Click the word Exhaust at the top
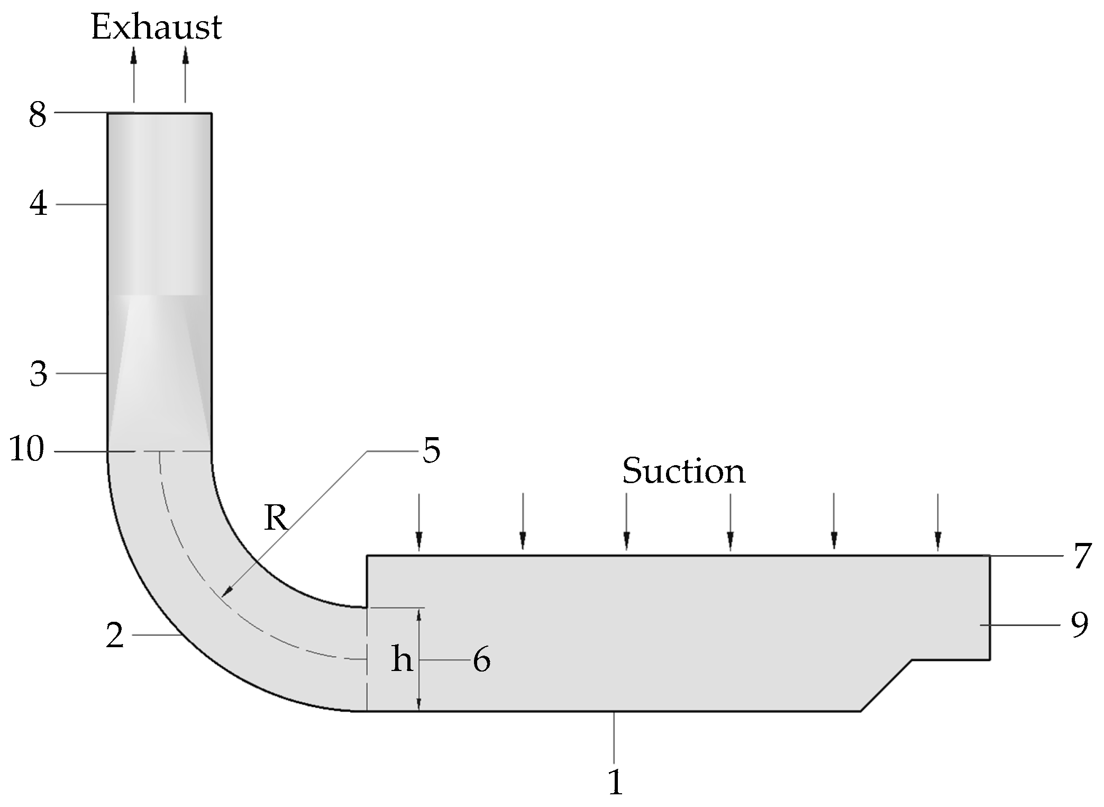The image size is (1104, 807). [157, 28]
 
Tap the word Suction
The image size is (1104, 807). [683, 470]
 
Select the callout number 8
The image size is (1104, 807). [38, 115]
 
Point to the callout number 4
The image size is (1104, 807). [38, 204]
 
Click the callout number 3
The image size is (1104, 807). [38, 374]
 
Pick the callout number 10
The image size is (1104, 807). [27, 450]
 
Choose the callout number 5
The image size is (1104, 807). [432, 451]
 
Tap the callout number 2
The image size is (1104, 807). [115, 636]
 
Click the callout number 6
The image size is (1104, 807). [481, 660]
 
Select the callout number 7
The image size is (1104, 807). [1082, 556]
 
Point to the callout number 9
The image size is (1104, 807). [1080, 625]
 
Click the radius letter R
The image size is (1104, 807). [276, 518]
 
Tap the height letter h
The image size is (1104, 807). [402, 660]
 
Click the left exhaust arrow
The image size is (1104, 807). [134, 74]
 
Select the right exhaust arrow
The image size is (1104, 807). [185, 74]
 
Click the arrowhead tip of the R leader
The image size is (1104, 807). [223, 596]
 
